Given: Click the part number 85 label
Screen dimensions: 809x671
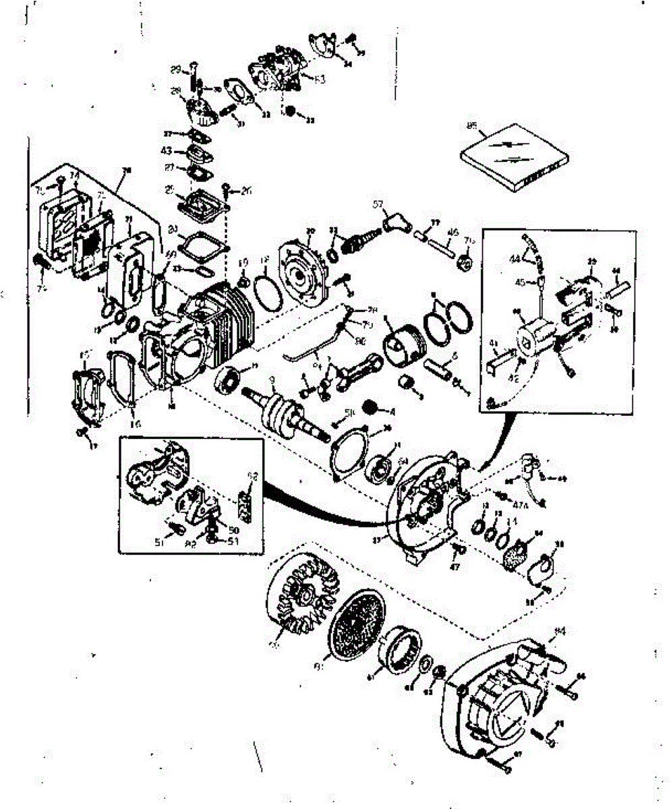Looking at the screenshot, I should pyautogui.click(x=471, y=125).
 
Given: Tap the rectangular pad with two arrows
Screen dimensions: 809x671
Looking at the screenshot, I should pyautogui.click(x=515, y=154).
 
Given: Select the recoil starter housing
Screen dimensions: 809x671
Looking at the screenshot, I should pyautogui.click(x=499, y=701).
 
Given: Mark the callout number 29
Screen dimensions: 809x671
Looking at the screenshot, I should pyautogui.click(x=175, y=70).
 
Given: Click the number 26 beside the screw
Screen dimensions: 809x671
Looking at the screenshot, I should pyautogui.click(x=245, y=191).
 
